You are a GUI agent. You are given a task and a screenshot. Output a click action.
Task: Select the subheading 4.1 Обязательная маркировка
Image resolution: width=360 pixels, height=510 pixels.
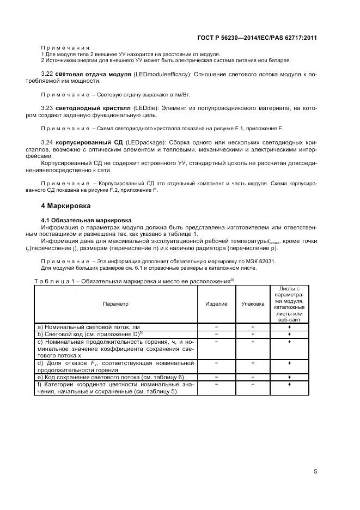[80, 220]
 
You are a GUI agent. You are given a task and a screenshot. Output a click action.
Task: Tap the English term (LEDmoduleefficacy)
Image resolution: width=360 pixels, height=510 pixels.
[155, 74]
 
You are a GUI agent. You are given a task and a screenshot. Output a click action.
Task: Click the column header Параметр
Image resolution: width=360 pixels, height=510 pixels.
[115, 303]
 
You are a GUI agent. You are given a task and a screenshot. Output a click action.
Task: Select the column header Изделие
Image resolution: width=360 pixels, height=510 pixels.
[216, 303]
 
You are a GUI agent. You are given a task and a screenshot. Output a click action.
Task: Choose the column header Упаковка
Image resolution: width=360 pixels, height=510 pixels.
[253, 303]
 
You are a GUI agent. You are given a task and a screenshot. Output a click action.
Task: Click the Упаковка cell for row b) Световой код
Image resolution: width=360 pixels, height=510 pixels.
[253, 333]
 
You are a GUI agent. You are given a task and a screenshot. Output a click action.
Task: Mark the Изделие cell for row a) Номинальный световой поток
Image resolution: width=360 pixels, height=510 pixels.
[216, 326]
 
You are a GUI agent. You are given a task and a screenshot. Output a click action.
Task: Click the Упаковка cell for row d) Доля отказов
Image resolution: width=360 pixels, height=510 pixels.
[253, 362]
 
